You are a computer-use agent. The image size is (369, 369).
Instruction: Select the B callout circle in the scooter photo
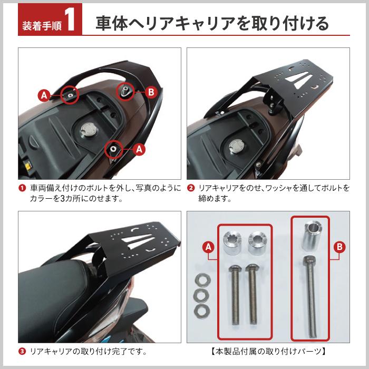pos(151,92)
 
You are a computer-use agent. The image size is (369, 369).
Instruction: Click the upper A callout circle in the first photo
pos(44,95)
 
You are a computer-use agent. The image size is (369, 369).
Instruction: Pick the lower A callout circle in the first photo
pos(140,149)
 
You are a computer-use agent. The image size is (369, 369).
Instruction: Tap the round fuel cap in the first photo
pos(87,130)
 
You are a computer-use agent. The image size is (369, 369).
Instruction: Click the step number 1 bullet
pos(23,188)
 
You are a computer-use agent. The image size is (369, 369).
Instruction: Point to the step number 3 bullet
pos(23,350)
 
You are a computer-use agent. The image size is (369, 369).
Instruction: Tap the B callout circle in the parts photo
pos(340,247)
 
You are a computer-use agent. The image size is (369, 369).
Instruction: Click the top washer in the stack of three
pos(201,278)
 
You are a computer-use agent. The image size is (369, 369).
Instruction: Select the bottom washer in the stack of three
pos(200,308)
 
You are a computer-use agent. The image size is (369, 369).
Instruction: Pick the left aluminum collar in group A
pos(232,241)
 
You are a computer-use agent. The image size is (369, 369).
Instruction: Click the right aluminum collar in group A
pos(257,241)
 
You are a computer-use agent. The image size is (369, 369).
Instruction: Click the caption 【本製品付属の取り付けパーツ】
pos(268,350)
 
